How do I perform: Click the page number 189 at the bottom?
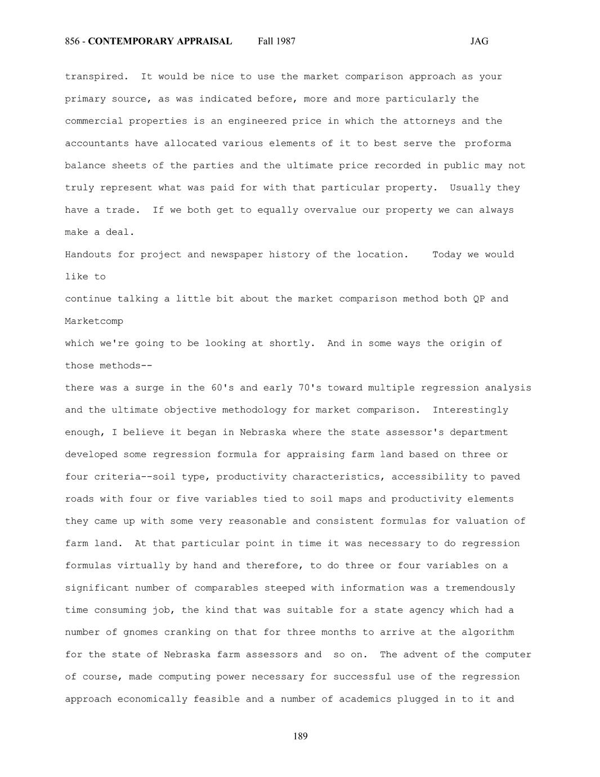coord(300,736)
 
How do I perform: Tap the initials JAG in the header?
coord(479,41)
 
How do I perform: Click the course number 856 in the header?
coord(71,41)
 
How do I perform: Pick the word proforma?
coord(488,143)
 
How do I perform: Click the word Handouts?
coord(88,254)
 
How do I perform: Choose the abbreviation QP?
coord(478,299)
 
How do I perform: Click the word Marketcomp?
coord(94,321)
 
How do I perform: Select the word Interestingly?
coord(470,410)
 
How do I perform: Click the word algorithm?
coord(487,632)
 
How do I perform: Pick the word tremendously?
coord(480,588)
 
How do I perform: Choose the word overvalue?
coord(330,210)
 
